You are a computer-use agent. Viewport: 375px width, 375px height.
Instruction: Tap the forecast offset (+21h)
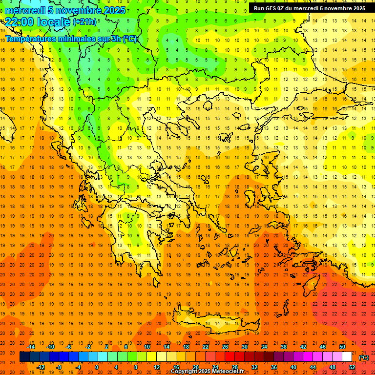[84, 21]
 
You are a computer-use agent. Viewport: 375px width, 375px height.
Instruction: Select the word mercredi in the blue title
[24, 10]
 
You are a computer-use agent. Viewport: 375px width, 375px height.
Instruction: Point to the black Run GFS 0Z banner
[309, 8]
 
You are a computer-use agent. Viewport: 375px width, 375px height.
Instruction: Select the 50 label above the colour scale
[342, 347]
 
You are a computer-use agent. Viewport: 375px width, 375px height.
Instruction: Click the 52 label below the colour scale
[352, 367]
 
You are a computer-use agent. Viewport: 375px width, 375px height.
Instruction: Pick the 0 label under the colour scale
[97, 367]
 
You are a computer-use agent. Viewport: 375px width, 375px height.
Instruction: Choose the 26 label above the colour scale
[225, 347]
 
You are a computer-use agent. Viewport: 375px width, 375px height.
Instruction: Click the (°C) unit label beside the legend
[364, 357]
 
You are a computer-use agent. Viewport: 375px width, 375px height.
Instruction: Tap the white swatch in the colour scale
[347, 357]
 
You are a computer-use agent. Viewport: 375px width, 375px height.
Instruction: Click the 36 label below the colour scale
[274, 367]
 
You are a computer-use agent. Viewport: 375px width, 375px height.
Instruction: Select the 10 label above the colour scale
[147, 347]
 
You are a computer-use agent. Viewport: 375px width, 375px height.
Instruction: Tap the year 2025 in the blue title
[112, 10]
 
